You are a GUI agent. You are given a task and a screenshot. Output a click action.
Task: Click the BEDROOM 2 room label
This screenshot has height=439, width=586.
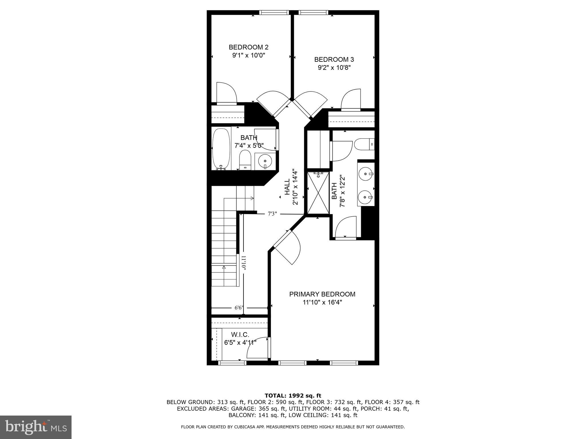pos(248,47)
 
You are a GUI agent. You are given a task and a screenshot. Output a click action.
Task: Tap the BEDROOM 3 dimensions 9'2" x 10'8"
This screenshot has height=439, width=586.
pos(334,68)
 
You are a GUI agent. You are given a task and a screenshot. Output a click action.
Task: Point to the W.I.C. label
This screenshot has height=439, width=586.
pos(240,334)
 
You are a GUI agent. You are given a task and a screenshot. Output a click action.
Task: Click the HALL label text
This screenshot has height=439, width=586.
pos(287,187)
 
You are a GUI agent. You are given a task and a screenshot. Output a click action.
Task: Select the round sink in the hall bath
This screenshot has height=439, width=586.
pos(265,161)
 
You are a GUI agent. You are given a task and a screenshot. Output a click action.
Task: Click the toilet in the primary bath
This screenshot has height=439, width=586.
pos(363,144)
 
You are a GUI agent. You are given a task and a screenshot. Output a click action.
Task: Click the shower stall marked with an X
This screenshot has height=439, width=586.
pos(318,192)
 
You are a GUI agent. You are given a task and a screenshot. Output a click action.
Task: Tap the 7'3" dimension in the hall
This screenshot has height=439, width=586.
pos(272,213)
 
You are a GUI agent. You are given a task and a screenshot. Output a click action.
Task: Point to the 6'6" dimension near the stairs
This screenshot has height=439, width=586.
pos(239,308)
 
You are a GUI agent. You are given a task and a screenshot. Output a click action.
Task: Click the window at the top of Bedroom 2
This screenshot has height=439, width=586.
pos(274,12)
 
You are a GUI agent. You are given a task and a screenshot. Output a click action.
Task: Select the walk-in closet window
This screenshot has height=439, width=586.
pos(232,363)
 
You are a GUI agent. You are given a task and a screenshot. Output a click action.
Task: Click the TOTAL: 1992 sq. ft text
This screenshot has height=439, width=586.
pos(293,396)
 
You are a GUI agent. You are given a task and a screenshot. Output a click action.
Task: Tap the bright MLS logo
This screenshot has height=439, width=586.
pos(35,427)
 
